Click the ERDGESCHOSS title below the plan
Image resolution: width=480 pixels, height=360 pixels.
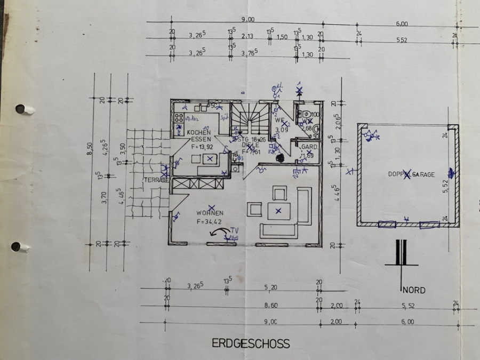tap(251, 343)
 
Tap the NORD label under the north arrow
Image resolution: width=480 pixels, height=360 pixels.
tap(414, 290)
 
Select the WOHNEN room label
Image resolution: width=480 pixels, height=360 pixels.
tap(210, 213)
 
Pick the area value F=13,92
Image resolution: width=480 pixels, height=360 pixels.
tap(201, 146)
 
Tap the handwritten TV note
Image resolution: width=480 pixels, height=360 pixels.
tap(234, 230)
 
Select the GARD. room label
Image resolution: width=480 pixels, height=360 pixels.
tap(309, 147)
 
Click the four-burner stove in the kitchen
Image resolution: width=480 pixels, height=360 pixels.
tap(179, 118)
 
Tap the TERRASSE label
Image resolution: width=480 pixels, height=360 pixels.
tap(155, 180)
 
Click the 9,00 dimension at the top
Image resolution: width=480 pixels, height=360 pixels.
tap(248, 20)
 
